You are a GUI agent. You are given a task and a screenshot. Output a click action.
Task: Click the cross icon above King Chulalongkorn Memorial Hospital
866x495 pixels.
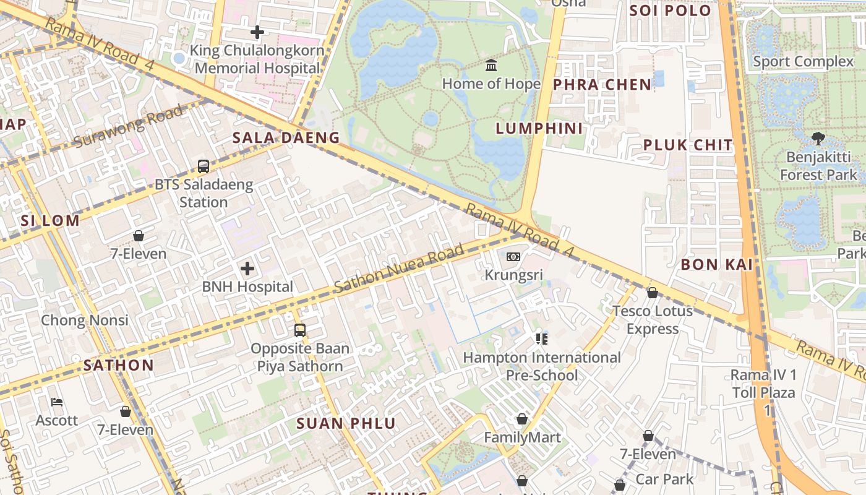257,32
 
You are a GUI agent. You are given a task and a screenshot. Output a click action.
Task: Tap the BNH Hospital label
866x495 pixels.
247,286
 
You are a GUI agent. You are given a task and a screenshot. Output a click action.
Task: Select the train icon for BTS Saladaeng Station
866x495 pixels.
204,166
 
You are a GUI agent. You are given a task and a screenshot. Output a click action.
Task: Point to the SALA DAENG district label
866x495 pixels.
286,137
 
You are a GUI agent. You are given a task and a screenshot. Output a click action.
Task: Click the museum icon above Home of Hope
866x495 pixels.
491,65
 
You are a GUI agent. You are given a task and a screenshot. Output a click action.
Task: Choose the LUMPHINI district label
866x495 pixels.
539,129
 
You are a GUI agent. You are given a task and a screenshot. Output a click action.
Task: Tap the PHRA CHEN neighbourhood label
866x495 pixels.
602,85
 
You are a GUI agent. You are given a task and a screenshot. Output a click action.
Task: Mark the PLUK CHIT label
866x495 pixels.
688,145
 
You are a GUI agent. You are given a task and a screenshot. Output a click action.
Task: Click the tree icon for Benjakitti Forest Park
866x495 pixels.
818,137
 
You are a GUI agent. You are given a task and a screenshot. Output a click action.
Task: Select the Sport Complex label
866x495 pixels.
803,61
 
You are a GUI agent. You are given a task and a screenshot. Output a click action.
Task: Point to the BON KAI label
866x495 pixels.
716,265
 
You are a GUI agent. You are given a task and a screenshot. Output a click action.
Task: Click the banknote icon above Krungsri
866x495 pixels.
513,257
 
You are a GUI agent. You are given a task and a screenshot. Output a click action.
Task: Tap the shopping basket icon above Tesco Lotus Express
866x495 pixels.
652,293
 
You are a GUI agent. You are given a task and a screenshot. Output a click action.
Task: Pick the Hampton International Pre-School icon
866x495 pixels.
542,338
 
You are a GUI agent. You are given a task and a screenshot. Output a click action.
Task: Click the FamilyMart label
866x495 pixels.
522,437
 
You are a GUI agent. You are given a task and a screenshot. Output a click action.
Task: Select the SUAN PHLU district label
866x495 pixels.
346,423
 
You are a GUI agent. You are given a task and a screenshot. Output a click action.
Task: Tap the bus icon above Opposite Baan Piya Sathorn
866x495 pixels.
300,330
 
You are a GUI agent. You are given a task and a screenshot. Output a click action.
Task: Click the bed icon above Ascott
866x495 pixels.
57,402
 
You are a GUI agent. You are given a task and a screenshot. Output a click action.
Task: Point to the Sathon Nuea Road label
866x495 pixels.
399,269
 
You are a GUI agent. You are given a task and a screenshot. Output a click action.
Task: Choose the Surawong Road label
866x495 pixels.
128,126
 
